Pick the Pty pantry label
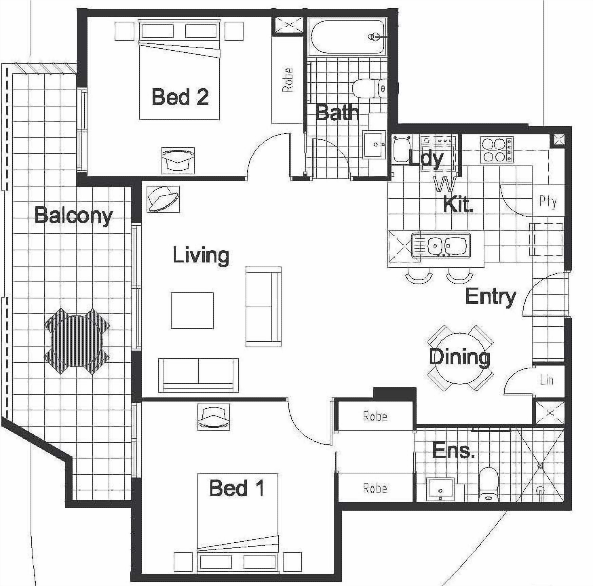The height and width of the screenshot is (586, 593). tap(548, 202)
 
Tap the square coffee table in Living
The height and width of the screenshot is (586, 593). tap(192, 310)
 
